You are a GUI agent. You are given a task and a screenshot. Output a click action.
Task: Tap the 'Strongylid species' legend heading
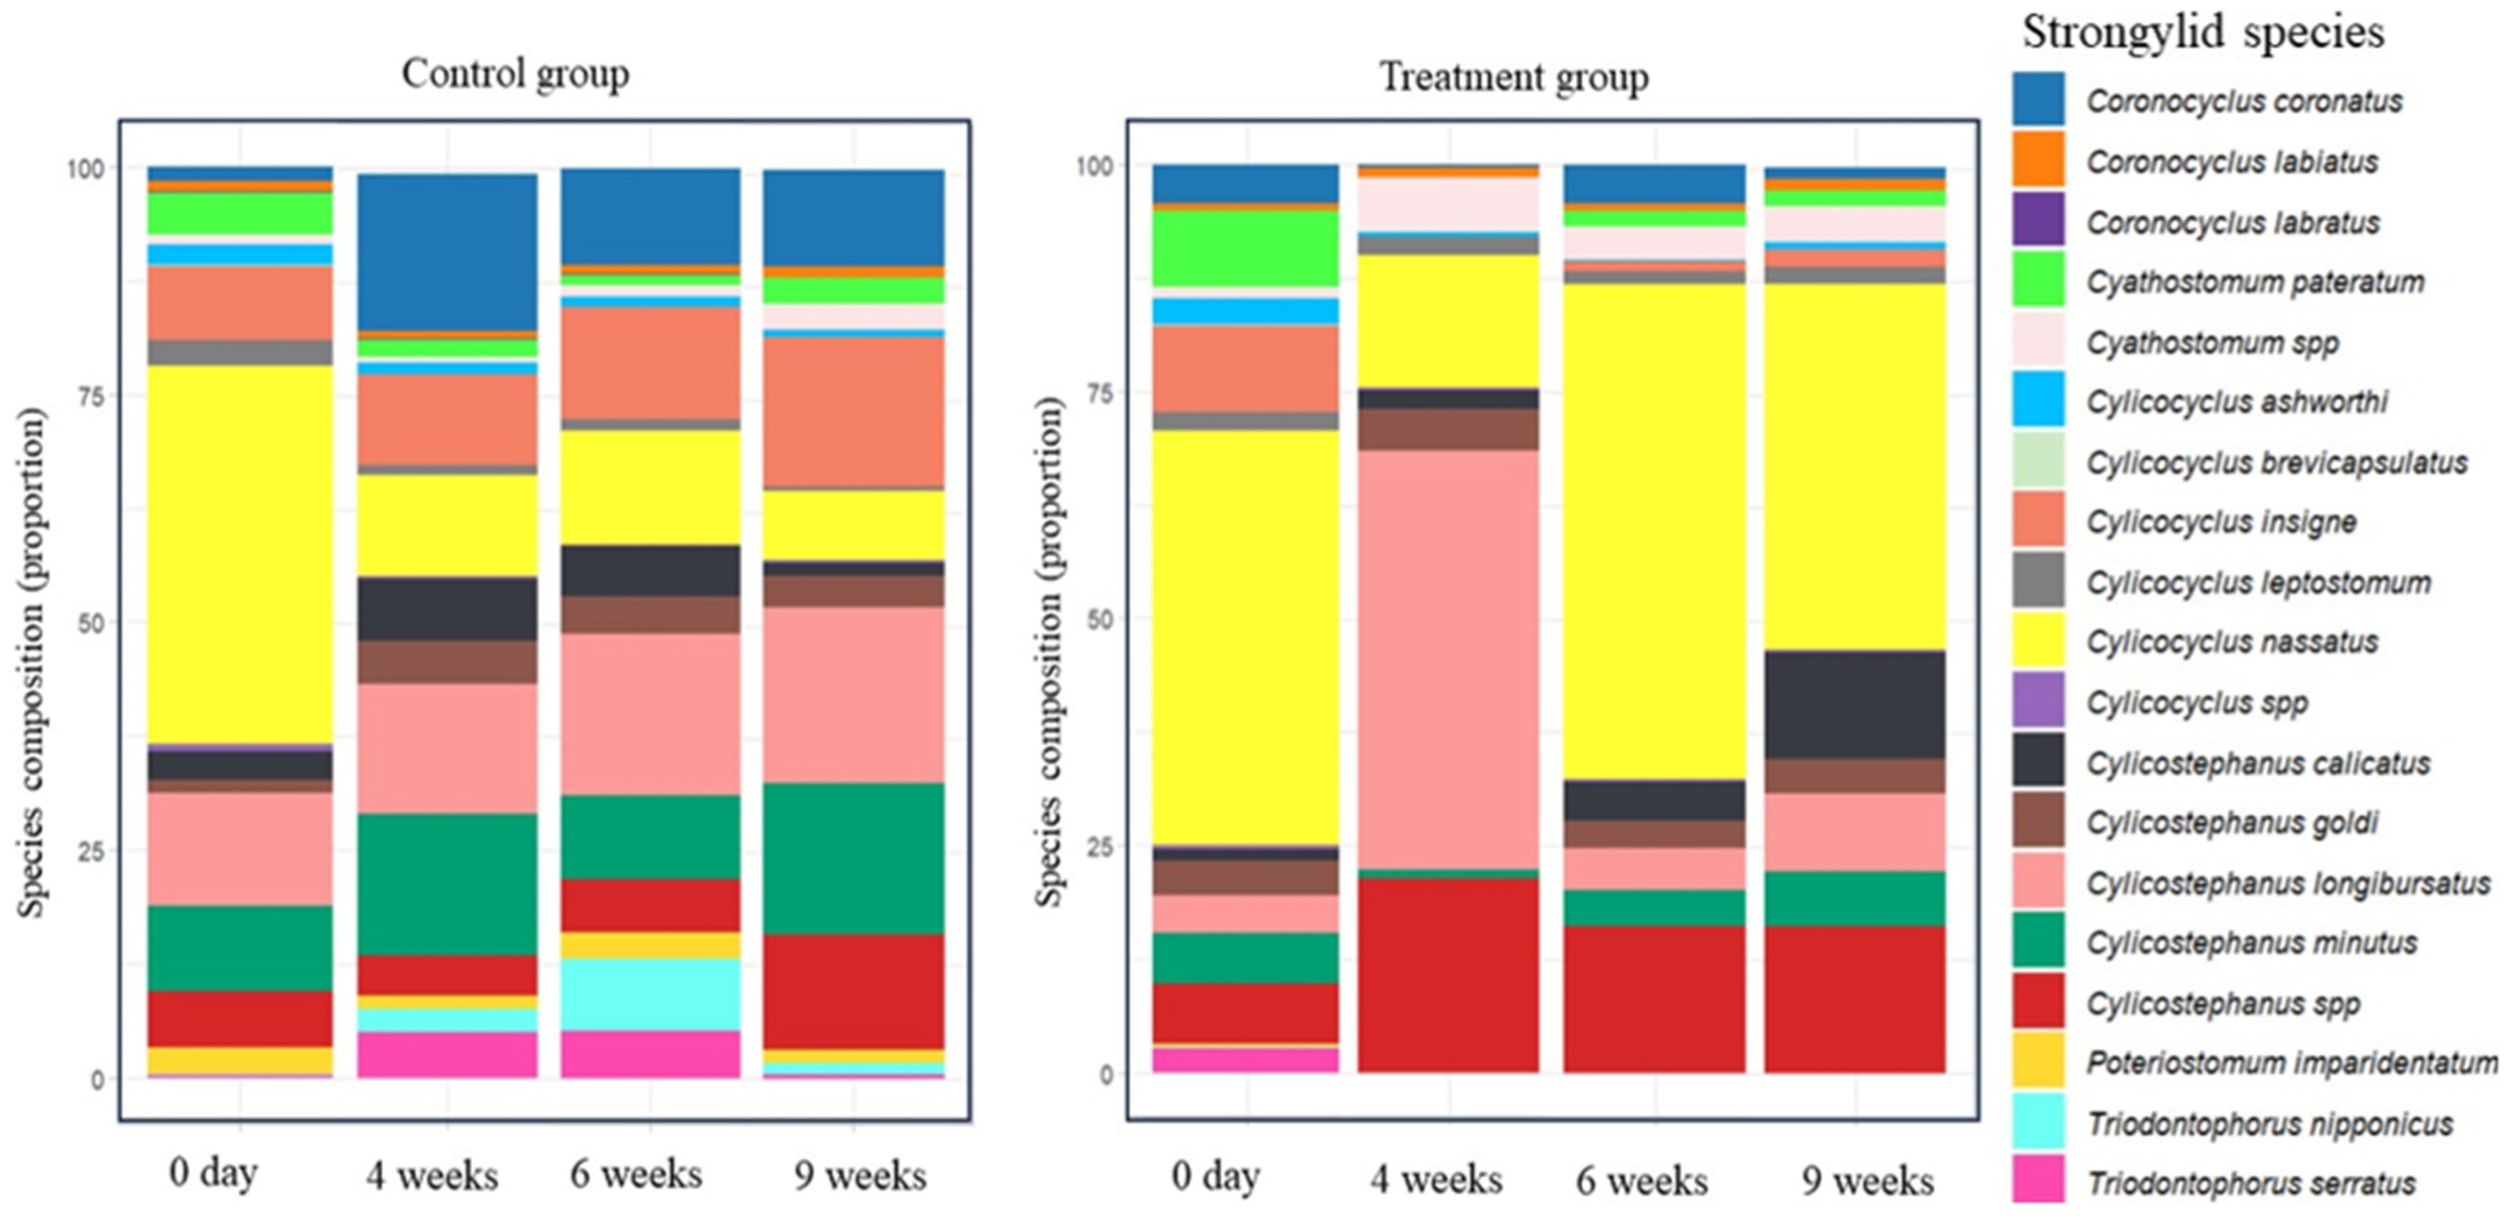2203,33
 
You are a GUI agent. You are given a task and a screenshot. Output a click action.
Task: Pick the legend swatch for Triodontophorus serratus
2038,1180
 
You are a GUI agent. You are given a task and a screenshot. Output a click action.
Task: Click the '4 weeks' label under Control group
432,1175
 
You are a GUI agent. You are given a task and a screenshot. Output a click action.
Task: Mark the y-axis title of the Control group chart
33,663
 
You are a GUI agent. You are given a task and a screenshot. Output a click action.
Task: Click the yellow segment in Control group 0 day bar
239,556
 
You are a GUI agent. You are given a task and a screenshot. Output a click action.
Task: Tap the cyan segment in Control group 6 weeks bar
650,994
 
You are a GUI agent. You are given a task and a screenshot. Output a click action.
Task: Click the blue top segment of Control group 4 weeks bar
447,253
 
